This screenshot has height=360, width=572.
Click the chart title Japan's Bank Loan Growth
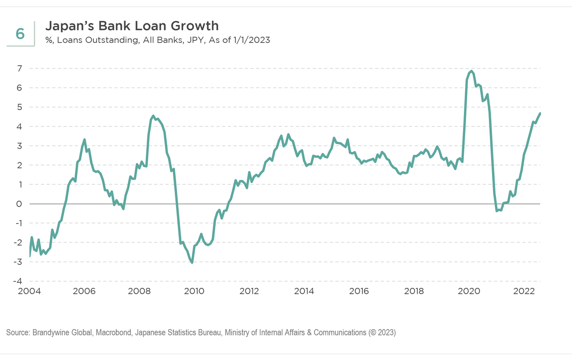coord(132,25)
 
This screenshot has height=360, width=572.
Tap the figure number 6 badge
coord(20,34)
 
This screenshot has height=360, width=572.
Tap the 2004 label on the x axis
coord(29,291)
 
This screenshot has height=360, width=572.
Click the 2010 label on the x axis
coord(194,291)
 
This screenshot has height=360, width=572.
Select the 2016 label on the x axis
coord(359,291)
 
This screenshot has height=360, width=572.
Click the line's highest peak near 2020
coord(471,71)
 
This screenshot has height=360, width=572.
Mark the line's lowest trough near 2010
coord(192,262)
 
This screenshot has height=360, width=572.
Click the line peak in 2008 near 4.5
coord(153,116)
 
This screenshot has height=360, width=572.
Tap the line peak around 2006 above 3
coord(84,140)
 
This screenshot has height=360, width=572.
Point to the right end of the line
coord(540,113)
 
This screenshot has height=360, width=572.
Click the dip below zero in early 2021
coord(497,211)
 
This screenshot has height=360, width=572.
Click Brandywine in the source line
coord(50,333)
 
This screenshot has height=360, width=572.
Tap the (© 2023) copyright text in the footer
coord(382,333)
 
